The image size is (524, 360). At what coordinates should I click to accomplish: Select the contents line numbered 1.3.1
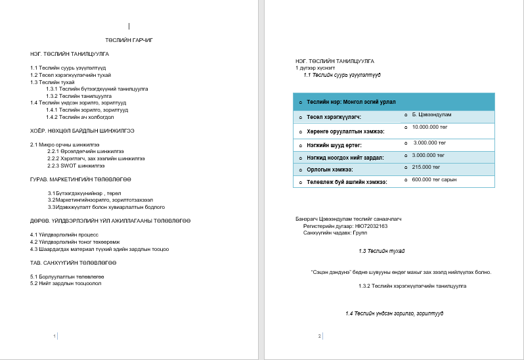point(97,87)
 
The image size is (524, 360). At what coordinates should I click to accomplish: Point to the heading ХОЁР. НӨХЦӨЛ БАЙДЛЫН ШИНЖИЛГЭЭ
point(82,130)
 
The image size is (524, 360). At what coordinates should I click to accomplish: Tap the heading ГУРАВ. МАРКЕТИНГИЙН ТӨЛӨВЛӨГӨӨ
point(81,179)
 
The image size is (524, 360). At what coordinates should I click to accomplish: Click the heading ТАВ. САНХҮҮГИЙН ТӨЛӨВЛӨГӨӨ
point(73,263)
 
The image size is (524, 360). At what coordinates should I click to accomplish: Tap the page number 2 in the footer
point(319,336)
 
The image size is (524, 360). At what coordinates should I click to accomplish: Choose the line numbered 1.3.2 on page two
point(412,286)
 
